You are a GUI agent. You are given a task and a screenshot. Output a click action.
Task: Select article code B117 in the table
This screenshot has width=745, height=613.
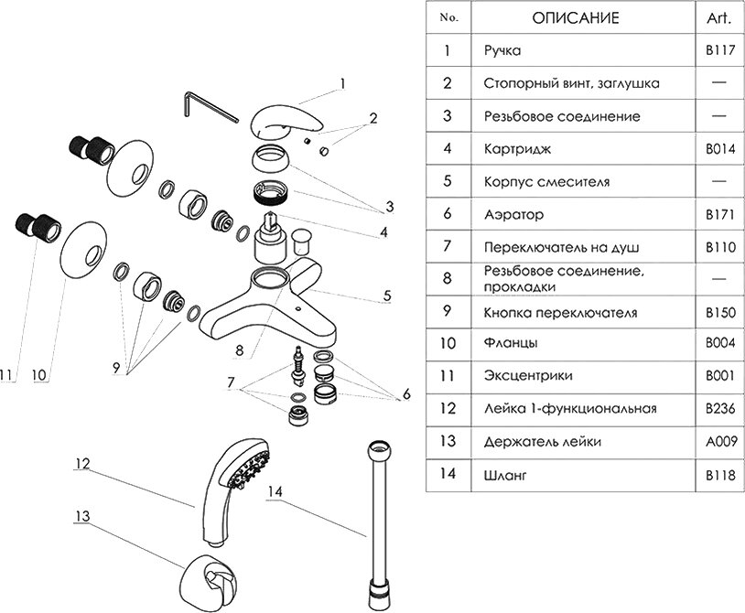tap(717, 51)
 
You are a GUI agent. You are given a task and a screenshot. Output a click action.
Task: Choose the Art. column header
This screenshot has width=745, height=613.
tap(717, 18)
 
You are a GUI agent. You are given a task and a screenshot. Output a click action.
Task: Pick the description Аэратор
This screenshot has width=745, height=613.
tap(513, 215)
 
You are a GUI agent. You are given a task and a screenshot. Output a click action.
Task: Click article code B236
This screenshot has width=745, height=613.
tap(717, 410)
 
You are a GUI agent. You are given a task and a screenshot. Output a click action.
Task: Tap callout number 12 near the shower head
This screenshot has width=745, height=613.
tap(81, 465)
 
